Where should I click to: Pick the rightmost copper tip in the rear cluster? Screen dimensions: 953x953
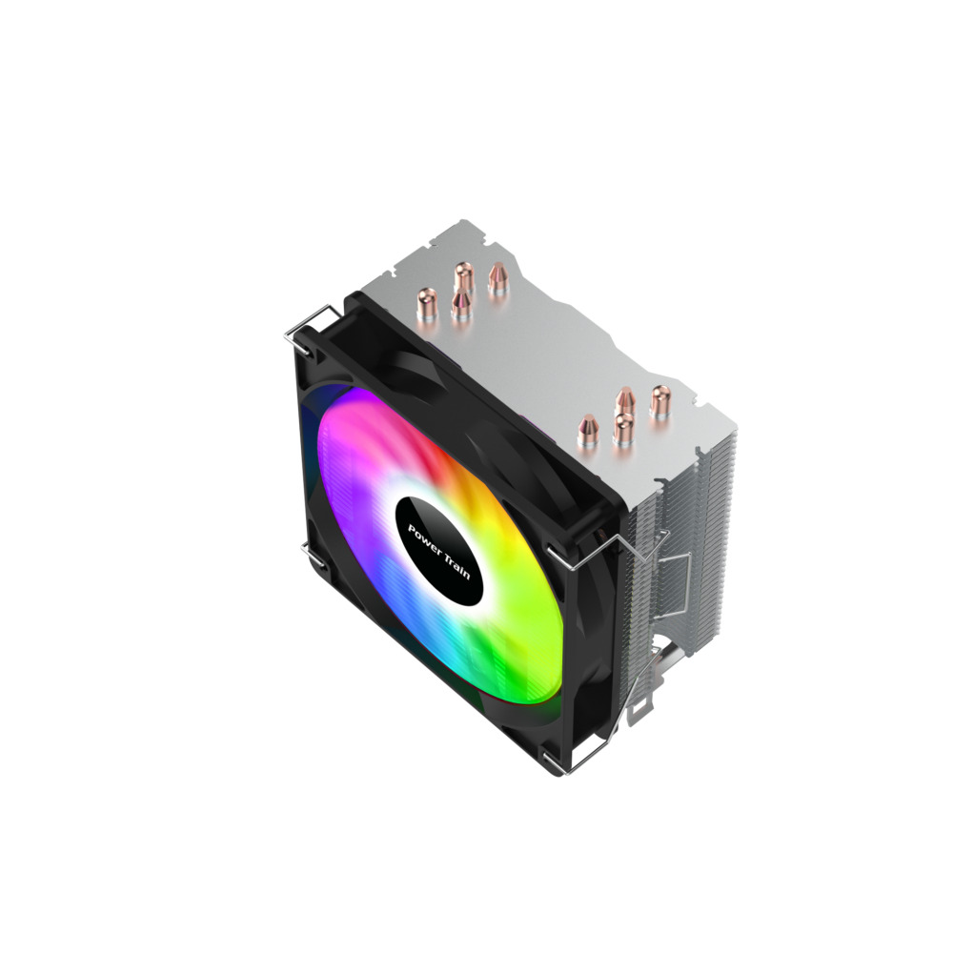[497, 279]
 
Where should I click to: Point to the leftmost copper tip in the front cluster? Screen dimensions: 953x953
[588, 431]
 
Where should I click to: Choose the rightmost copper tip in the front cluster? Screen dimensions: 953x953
[660, 401]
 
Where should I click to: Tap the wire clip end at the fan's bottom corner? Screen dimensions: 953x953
[565, 762]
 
